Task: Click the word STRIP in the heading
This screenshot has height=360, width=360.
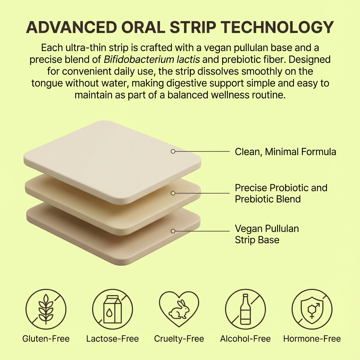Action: click(x=193, y=27)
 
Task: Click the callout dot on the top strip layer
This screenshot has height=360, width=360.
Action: click(x=173, y=151)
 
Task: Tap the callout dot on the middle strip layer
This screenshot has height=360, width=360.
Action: click(x=173, y=193)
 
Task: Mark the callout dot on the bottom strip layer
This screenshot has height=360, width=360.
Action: click(x=173, y=231)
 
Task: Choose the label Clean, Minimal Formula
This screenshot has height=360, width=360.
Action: click(x=285, y=152)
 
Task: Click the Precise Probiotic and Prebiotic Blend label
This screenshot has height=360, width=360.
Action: click(x=281, y=193)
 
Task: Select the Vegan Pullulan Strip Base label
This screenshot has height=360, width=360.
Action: click(x=267, y=234)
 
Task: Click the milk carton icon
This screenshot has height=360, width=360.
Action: click(x=112, y=309)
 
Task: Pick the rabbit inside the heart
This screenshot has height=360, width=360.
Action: click(x=179, y=309)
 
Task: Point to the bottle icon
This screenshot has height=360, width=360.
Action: click(x=245, y=309)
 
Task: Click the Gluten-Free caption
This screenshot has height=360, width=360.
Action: click(x=46, y=339)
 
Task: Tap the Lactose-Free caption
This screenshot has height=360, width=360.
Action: click(x=112, y=339)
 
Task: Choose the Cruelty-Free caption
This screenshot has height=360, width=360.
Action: click(x=179, y=339)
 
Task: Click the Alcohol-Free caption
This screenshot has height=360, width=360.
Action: click(x=245, y=339)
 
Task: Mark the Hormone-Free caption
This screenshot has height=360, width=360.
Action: click(x=312, y=339)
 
